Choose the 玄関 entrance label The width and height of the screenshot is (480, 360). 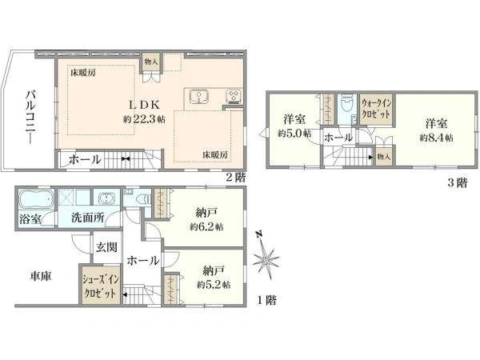click(108, 246)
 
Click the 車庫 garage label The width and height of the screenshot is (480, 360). click(41, 276)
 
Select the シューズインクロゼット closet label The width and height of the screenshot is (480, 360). click(100, 286)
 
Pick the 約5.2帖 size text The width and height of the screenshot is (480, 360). click(214, 284)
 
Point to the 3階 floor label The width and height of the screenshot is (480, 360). click(458, 182)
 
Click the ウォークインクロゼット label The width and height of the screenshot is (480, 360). click(376, 108)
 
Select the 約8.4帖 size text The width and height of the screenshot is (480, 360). click(436, 138)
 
